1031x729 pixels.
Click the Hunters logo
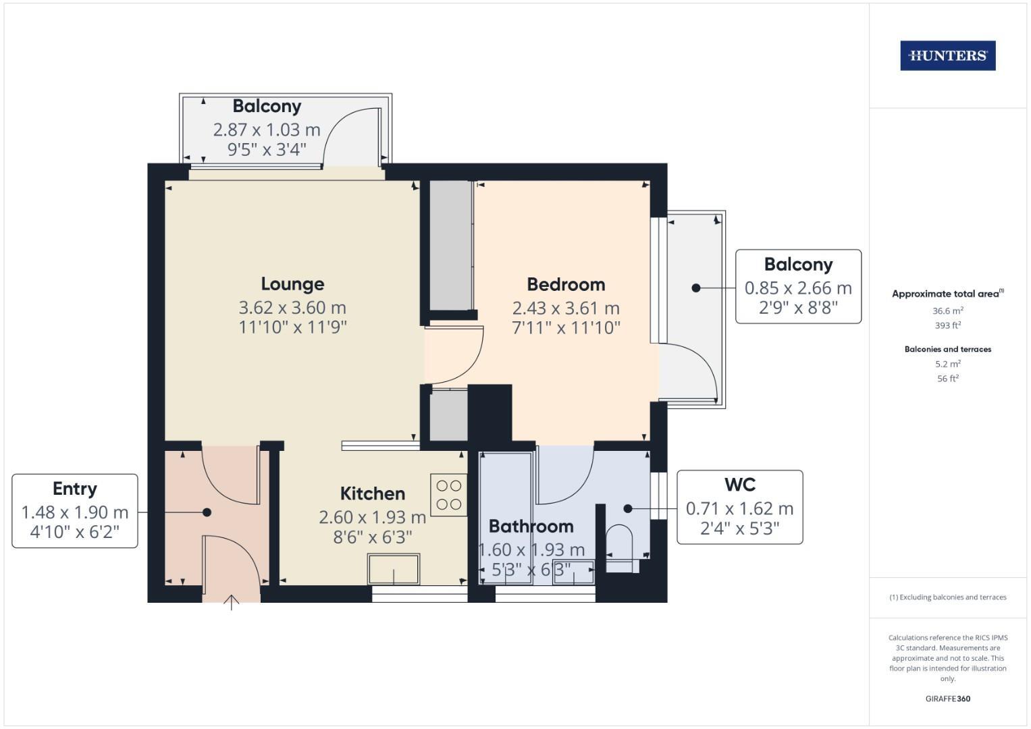pyautogui.click(x=947, y=55)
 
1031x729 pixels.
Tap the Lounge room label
pyautogui.click(x=292, y=284)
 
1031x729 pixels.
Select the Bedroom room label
pyautogui.click(x=566, y=284)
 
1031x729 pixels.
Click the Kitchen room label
pyautogui.click(x=372, y=493)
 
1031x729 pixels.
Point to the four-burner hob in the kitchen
pyautogui.click(x=448, y=495)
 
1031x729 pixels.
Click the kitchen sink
pyautogui.click(x=394, y=569)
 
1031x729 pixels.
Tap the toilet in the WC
pyautogui.click(x=619, y=544)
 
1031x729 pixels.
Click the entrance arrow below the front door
pyautogui.click(x=232, y=602)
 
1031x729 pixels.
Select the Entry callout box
pyautogui.click(x=75, y=510)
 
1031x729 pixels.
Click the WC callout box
pyautogui.click(x=739, y=507)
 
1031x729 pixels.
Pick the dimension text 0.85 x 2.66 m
pyautogui.click(x=798, y=288)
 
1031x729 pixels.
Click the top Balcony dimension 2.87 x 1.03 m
pyautogui.click(x=267, y=130)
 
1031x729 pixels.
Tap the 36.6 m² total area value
pyautogui.click(x=947, y=311)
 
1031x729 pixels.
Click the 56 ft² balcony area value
pyautogui.click(x=947, y=379)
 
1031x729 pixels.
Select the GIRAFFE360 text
pyautogui.click(x=947, y=699)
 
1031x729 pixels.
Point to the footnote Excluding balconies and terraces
pyautogui.click(x=947, y=597)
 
